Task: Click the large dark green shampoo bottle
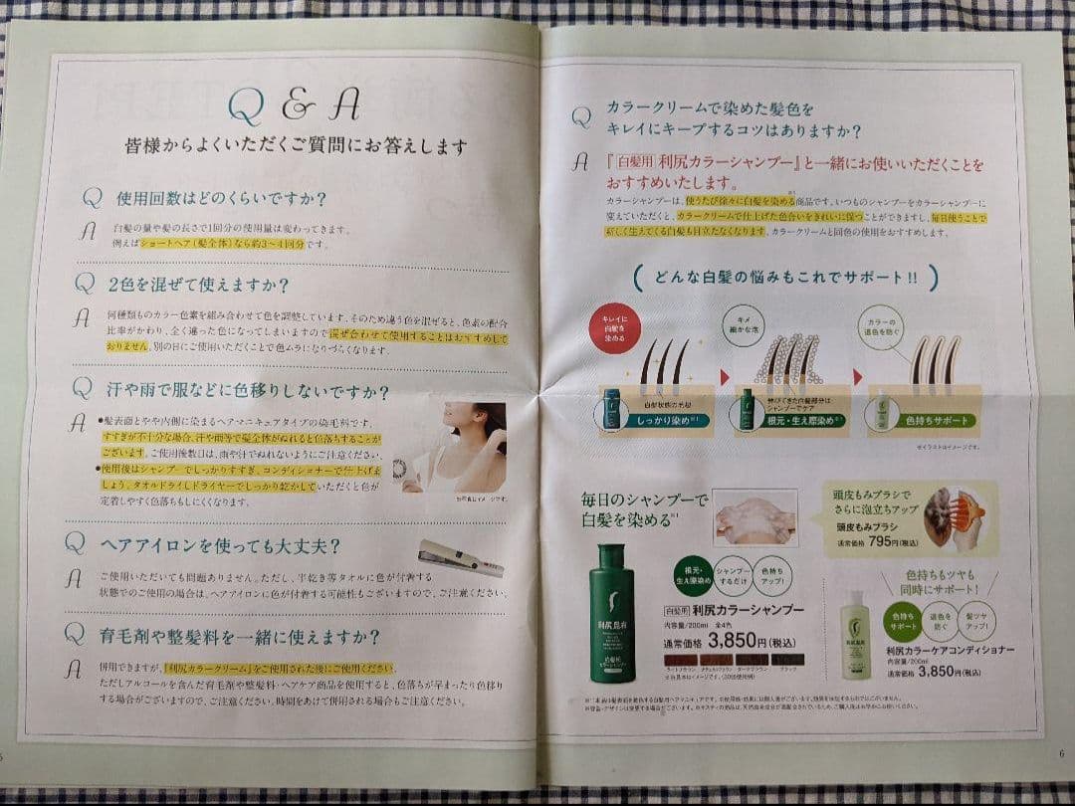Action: click(620, 611)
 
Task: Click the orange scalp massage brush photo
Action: click(952, 518)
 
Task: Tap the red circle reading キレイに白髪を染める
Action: click(608, 331)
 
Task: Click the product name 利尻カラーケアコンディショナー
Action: click(950, 650)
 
